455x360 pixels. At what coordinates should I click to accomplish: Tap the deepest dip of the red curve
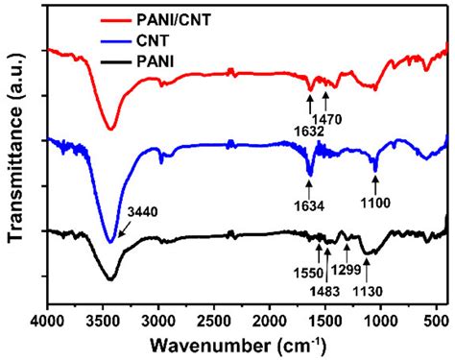coord(110,128)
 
